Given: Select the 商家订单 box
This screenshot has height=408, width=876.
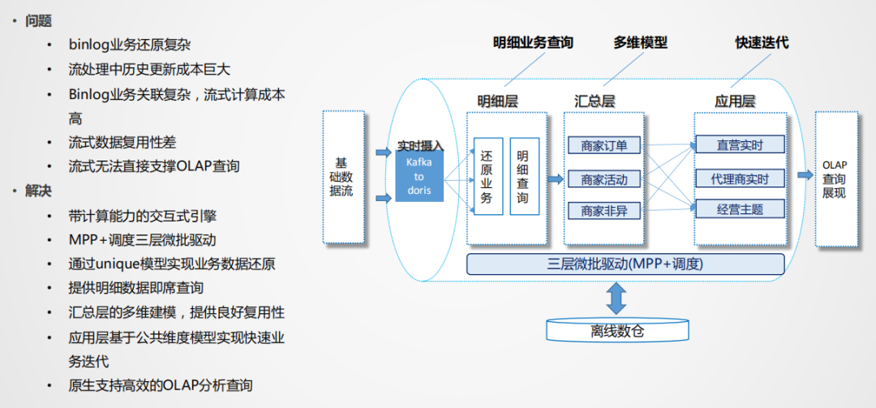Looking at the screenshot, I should pyautogui.click(x=604, y=146).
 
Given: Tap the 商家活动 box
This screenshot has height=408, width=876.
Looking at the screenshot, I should pyautogui.click(x=604, y=178).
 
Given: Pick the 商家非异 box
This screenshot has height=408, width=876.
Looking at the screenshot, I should pyautogui.click(x=604, y=211).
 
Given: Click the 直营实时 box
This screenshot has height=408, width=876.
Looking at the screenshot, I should pyautogui.click(x=740, y=145).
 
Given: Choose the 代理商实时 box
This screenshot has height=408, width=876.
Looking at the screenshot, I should pyautogui.click(x=740, y=178).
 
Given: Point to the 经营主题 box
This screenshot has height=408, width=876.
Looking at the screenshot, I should pyautogui.click(x=740, y=209).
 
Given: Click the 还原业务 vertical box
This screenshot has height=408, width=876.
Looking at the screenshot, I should pyautogui.click(x=487, y=176).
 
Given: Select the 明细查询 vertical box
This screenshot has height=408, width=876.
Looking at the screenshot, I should pyautogui.click(x=523, y=176).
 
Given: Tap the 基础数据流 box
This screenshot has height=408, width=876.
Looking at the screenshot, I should pyautogui.click(x=342, y=177).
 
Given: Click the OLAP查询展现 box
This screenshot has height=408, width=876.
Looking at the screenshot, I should pyautogui.click(x=835, y=179).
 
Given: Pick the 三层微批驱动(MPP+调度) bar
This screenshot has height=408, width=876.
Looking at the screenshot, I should pyautogui.click(x=625, y=264).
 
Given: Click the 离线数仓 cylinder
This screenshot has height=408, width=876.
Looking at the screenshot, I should pyautogui.click(x=617, y=330).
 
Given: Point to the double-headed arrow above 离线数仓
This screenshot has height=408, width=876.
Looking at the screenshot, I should pyautogui.click(x=617, y=298).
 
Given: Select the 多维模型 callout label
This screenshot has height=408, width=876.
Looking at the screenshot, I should pyautogui.click(x=640, y=43).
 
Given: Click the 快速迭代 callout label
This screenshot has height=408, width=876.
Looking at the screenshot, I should pyautogui.click(x=762, y=43).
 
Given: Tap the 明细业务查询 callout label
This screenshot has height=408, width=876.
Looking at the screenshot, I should pyautogui.click(x=533, y=43).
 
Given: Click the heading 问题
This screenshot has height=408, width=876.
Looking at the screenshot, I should pyautogui.click(x=38, y=21).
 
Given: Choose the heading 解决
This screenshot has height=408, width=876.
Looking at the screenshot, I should pyautogui.click(x=38, y=191).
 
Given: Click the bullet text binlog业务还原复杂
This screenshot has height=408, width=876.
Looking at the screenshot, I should pyautogui.click(x=130, y=45).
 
